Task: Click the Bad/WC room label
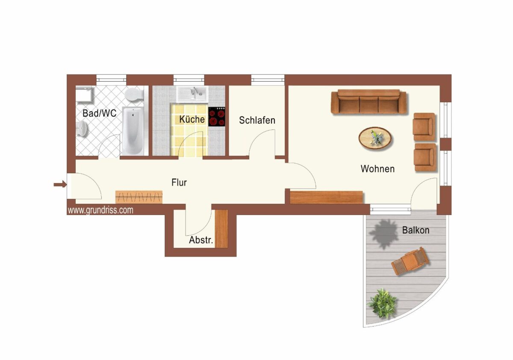(99, 113)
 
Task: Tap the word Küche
(192, 119)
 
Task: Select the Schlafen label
(257, 120)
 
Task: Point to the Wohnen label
(377, 169)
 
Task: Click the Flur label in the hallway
(179, 183)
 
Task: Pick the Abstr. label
(201, 240)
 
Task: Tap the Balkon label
(416, 230)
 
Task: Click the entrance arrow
(60, 184)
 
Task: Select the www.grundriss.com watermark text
(100, 210)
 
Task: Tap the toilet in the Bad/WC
(134, 95)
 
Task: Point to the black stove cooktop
(217, 117)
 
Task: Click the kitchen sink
(192, 94)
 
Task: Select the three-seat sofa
(369, 102)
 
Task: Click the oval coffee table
(375, 138)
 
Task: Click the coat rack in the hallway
(139, 197)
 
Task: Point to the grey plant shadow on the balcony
(383, 233)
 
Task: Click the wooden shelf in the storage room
(221, 229)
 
